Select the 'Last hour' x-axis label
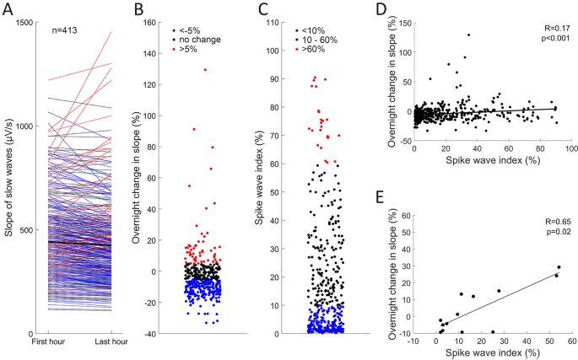111,342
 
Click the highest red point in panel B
203,69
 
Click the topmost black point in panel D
468,35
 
